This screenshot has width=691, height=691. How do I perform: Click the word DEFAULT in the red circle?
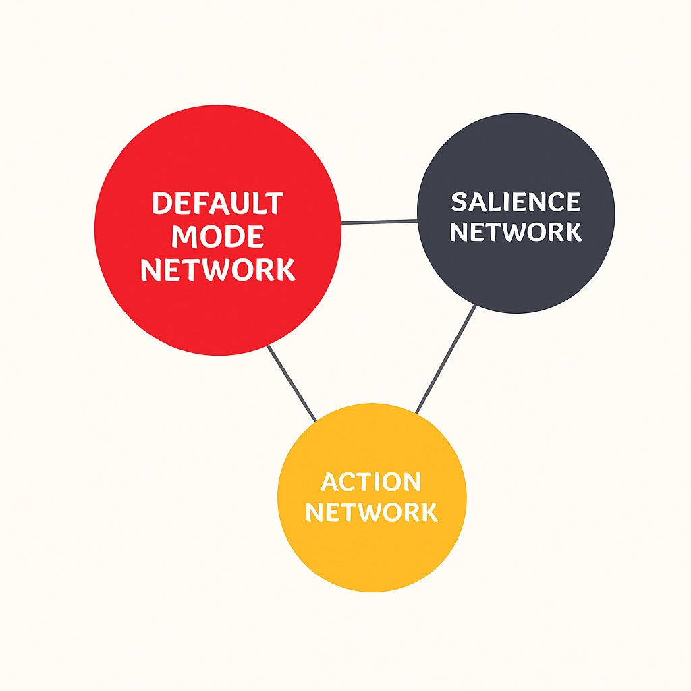tap(217, 204)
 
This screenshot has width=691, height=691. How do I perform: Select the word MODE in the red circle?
tap(217, 237)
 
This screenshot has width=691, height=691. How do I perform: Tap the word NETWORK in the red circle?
tap(217, 269)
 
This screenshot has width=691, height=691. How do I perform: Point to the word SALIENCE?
tap(516, 202)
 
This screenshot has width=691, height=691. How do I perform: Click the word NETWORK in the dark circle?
tap(516, 232)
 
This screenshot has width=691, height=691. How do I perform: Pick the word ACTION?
tap(371, 482)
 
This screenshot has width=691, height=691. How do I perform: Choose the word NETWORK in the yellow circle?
tap(371, 512)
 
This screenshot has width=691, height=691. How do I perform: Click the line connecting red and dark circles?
tap(379, 221)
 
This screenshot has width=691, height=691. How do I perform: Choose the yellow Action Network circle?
tap(372, 553)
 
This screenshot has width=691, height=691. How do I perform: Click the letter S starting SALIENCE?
tap(460, 202)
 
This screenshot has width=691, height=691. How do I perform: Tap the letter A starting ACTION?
tap(330, 482)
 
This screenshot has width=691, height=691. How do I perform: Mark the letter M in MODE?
tap(183, 237)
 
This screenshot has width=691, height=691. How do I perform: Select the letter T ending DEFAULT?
tap(273, 204)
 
